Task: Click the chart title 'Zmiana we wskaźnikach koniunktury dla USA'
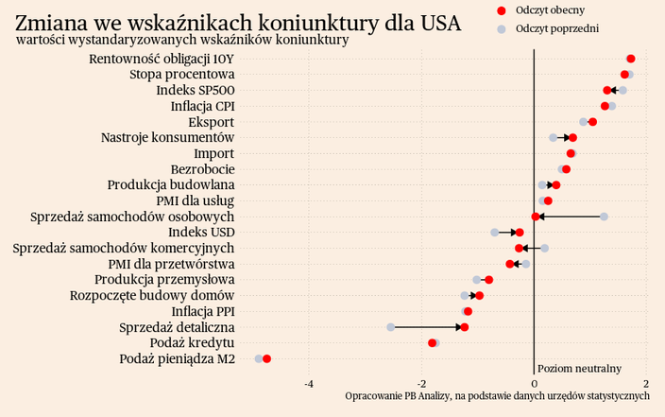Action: (238, 21)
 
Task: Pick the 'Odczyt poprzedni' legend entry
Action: (557, 28)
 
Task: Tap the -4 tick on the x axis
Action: (309, 383)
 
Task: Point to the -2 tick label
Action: (421, 383)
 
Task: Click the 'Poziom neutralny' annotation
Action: (579, 368)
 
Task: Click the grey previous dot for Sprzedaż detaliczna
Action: (391, 327)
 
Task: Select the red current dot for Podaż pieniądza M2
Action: (267, 359)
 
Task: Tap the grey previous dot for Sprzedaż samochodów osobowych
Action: (604, 217)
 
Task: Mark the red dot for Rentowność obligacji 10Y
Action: (631, 59)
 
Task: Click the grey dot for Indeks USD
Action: (495, 233)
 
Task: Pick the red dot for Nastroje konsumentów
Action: (572, 138)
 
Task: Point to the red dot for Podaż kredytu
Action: (433, 343)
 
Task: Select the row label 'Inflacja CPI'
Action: (202, 106)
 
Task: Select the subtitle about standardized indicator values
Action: (182, 41)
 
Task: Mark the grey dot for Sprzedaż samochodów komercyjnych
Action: (545, 249)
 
